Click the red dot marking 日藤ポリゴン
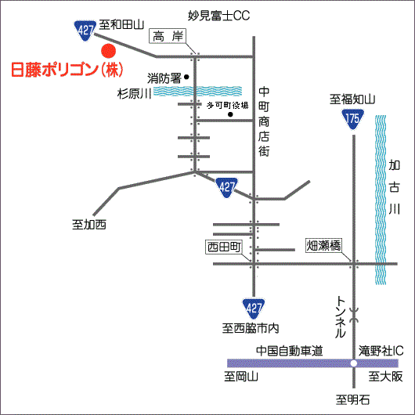point(109,51)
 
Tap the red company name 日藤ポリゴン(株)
point(67,70)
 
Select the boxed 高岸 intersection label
point(168,36)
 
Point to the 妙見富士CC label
point(218,16)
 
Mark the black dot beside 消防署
point(186,77)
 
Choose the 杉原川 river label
point(134,93)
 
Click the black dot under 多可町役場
point(230,114)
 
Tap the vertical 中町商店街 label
point(264,121)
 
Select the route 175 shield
point(353,120)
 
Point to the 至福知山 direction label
point(352,99)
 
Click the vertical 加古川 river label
point(395,187)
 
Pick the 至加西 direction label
point(89,225)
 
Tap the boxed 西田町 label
point(224,247)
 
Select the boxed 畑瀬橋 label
point(323,245)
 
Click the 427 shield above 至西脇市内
point(254,309)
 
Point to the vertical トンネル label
point(341,317)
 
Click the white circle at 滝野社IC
point(354,363)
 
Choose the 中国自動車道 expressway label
point(290,351)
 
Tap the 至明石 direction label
point(352,399)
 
